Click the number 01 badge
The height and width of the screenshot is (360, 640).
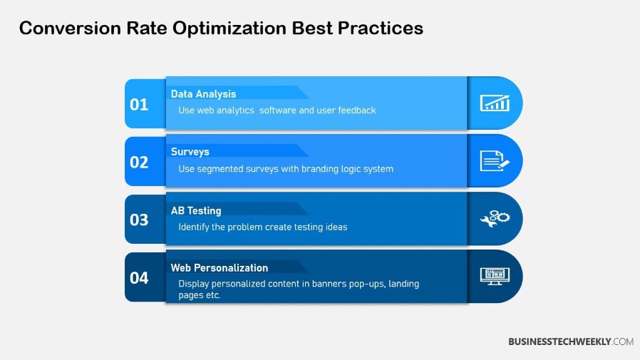click(x=139, y=105)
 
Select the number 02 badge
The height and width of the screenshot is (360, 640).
click(x=139, y=163)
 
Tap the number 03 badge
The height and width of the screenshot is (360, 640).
click(x=139, y=220)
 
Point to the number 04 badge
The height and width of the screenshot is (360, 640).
click(x=139, y=278)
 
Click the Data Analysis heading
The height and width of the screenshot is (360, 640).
click(x=203, y=94)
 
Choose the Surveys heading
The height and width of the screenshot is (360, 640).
click(x=190, y=152)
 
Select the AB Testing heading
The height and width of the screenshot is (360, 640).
click(x=196, y=211)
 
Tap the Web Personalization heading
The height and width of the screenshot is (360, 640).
click(x=220, y=268)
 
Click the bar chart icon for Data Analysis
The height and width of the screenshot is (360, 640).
click(x=495, y=103)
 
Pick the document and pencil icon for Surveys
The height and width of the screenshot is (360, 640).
click(x=495, y=161)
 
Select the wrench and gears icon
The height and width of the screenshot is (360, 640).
click(x=495, y=219)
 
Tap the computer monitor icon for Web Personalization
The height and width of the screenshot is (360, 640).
click(x=495, y=276)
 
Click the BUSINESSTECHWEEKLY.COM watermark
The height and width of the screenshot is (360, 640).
click(x=570, y=342)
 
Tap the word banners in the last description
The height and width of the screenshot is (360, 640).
click(x=331, y=284)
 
